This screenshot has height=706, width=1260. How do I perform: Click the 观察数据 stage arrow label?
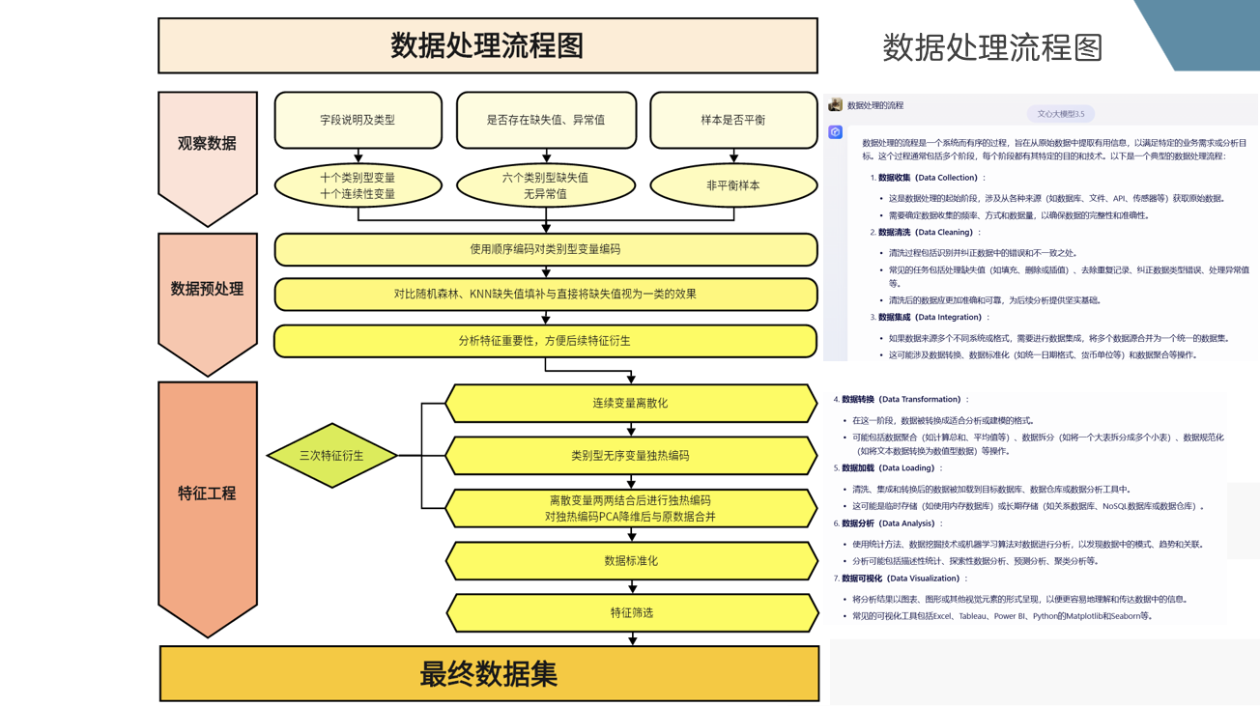click(x=207, y=144)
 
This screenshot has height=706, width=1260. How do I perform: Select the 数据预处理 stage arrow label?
click(x=207, y=289)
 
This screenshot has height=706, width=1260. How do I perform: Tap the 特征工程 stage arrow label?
click(x=207, y=494)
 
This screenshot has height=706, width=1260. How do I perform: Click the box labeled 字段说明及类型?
click(x=358, y=121)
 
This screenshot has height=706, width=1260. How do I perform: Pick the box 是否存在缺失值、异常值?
click(x=546, y=121)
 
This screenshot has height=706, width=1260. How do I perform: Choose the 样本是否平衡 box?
click(x=733, y=121)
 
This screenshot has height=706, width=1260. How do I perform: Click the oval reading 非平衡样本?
click(x=733, y=185)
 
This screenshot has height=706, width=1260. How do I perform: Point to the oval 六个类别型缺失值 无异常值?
click(x=546, y=185)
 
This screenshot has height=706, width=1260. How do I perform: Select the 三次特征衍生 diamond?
click(x=331, y=455)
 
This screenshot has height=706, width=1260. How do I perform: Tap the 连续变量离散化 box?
click(x=630, y=404)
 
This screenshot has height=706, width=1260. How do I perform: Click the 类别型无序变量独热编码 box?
click(x=630, y=456)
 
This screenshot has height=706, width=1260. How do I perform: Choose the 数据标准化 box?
click(x=630, y=560)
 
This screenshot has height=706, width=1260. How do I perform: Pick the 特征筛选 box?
click(x=630, y=612)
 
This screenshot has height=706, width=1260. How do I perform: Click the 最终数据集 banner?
click(x=489, y=674)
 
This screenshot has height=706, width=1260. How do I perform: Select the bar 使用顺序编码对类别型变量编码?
click(x=546, y=249)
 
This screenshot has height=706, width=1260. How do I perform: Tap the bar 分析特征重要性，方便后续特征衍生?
click(x=546, y=341)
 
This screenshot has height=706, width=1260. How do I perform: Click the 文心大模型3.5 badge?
click(x=1060, y=114)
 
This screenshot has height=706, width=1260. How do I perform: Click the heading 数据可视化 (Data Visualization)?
click(x=900, y=579)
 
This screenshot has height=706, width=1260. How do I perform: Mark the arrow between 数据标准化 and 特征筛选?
click(x=632, y=586)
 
